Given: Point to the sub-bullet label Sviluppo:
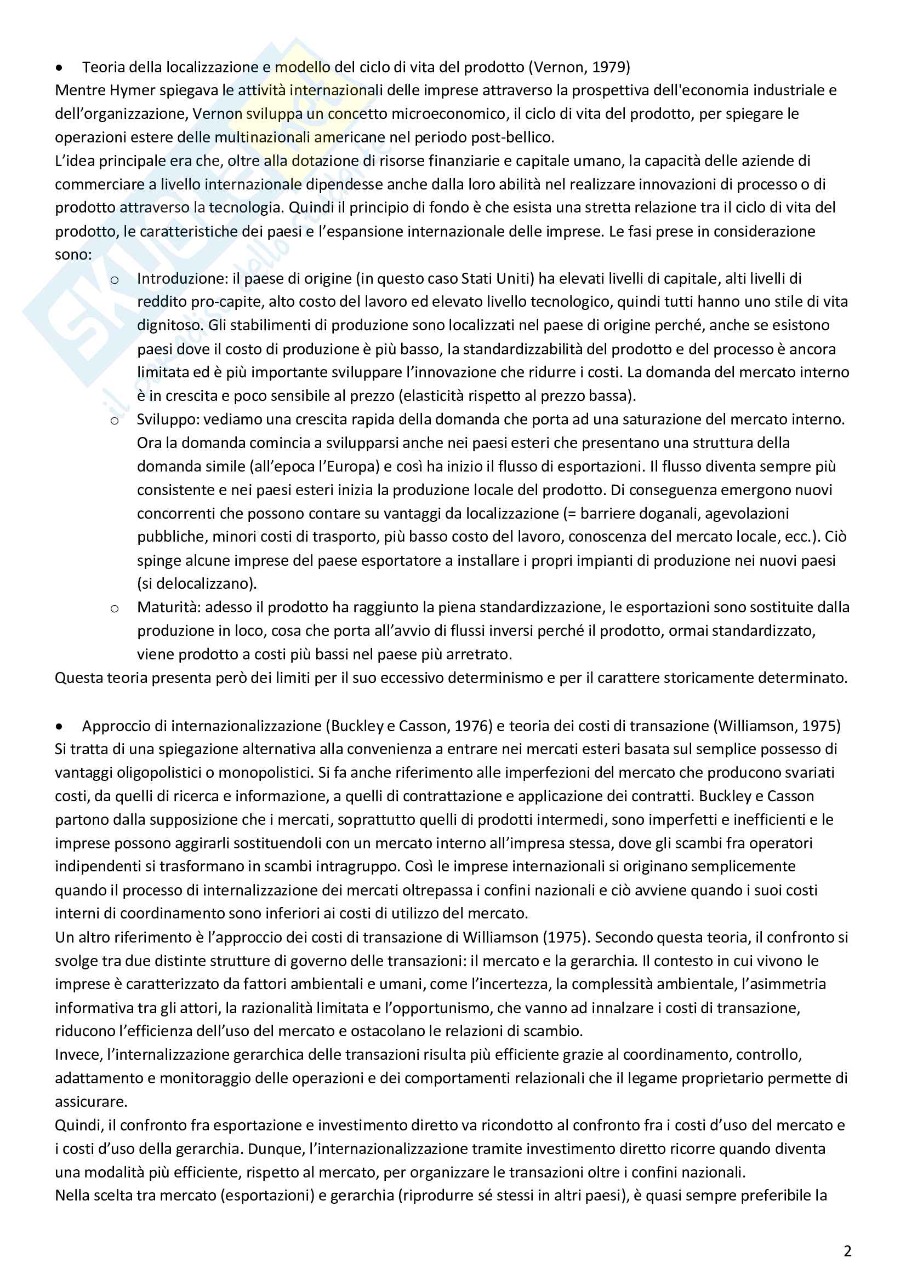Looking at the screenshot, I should pos(168,419).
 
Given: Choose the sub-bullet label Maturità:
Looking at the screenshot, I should pos(169,607).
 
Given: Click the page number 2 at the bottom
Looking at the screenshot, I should pos(847,1251).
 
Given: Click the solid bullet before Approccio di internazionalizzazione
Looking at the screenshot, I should pos(60,726).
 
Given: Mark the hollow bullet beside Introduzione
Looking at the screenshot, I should pos(115,279).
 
